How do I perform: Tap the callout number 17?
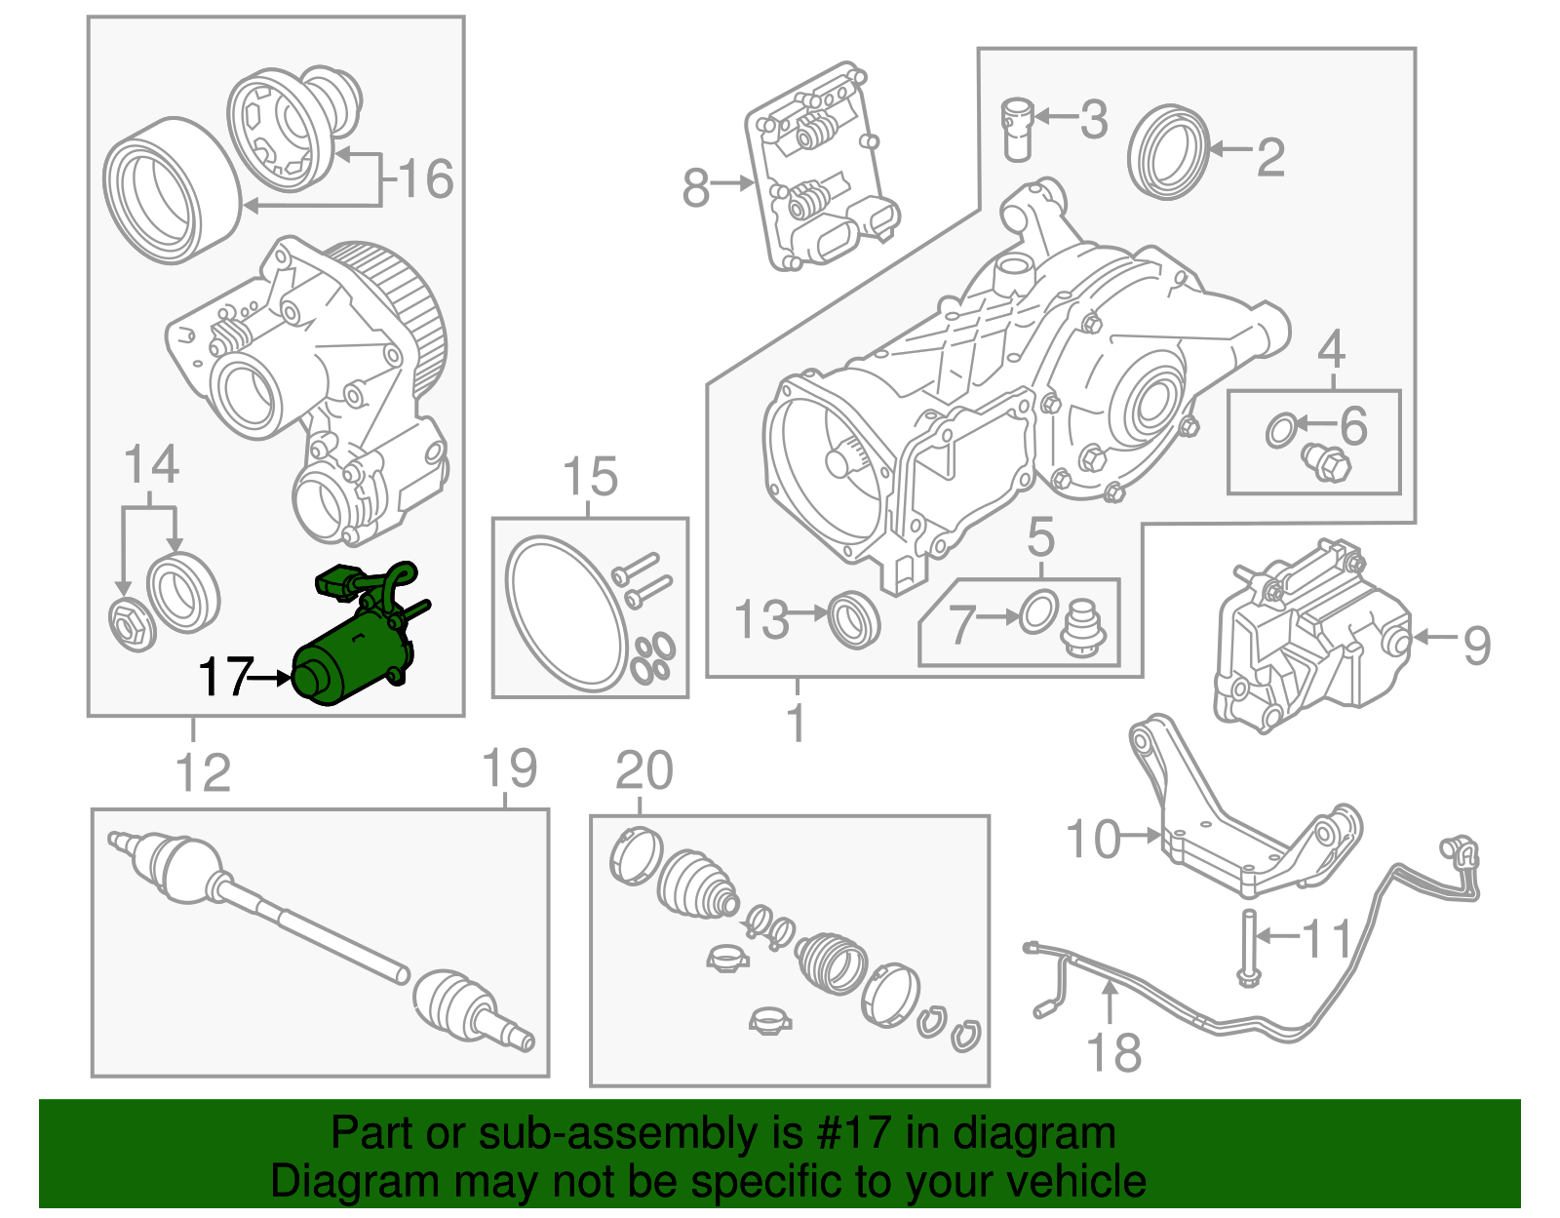pyautogui.click(x=226, y=676)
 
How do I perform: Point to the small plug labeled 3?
pyautogui.click(x=1016, y=128)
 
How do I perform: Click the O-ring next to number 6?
pyautogui.click(x=1280, y=429)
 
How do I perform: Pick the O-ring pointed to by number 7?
pyautogui.click(x=1038, y=611)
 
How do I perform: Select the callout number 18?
pyautogui.click(x=1113, y=1053)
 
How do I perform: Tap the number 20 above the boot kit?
pyautogui.click(x=644, y=770)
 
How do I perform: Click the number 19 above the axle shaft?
pyautogui.click(x=510, y=768)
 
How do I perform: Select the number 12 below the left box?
pyautogui.click(x=203, y=773)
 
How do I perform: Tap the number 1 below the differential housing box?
pyautogui.click(x=797, y=722)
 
